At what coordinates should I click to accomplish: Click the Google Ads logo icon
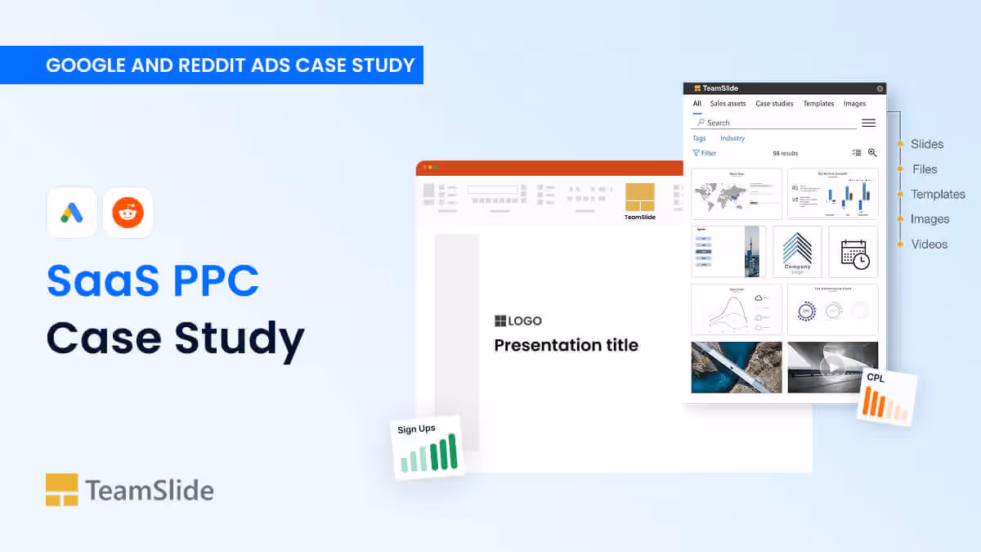(72, 213)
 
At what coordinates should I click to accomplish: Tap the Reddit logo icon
(128, 213)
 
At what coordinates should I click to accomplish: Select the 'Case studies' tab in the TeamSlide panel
(774, 104)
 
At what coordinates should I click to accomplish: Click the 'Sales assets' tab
(728, 104)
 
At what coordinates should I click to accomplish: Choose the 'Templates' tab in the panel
(818, 104)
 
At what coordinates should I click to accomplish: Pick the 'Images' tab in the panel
(854, 104)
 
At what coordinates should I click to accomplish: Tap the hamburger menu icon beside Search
(868, 123)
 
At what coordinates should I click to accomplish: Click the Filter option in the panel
(704, 153)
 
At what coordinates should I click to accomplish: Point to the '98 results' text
(785, 153)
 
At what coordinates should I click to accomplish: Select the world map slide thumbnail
(737, 194)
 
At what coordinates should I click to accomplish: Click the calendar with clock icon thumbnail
(853, 252)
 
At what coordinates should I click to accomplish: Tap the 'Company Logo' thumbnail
(797, 252)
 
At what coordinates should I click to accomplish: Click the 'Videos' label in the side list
(929, 244)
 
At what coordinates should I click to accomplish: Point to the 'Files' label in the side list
(925, 169)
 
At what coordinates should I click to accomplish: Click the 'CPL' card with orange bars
(887, 397)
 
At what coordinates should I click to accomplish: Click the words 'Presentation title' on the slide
(566, 345)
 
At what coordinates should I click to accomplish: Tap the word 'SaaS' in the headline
(97, 280)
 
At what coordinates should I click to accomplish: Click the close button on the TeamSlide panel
(880, 88)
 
